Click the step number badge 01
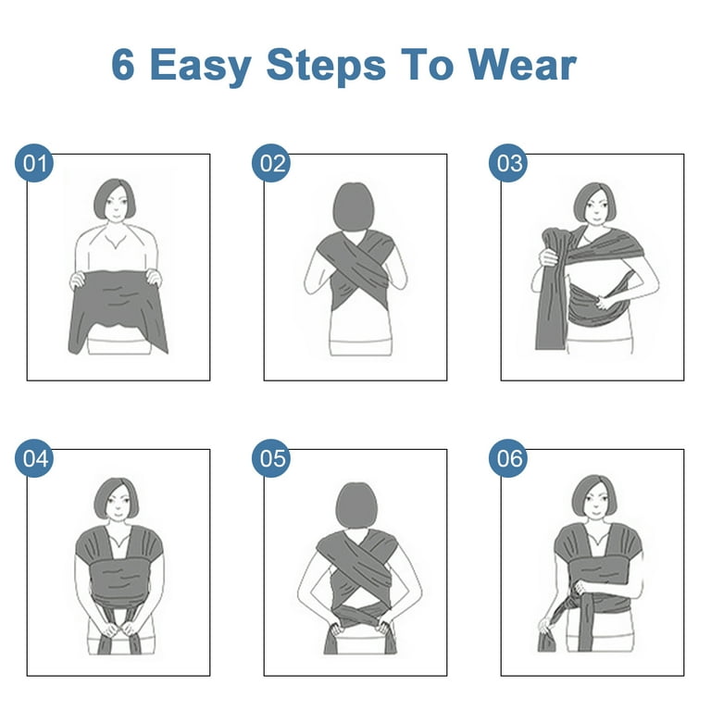[x=34, y=163]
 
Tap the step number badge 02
[x=271, y=163]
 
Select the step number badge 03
[x=508, y=163]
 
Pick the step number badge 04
[x=34, y=458]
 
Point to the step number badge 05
[x=271, y=458]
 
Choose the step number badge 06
[x=508, y=458]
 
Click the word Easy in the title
[x=200, y=67]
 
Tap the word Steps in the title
[x=326, y=67]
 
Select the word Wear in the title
[x=522, y=66]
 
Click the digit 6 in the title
[x=123, y=66]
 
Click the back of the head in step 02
[x=354, y=206]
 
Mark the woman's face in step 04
[x=118, y=504]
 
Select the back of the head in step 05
[x=355, y=505]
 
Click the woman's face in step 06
[x=595, y=501]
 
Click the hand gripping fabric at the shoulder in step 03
[x=548, y=257]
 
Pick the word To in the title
[x=427, y=66]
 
